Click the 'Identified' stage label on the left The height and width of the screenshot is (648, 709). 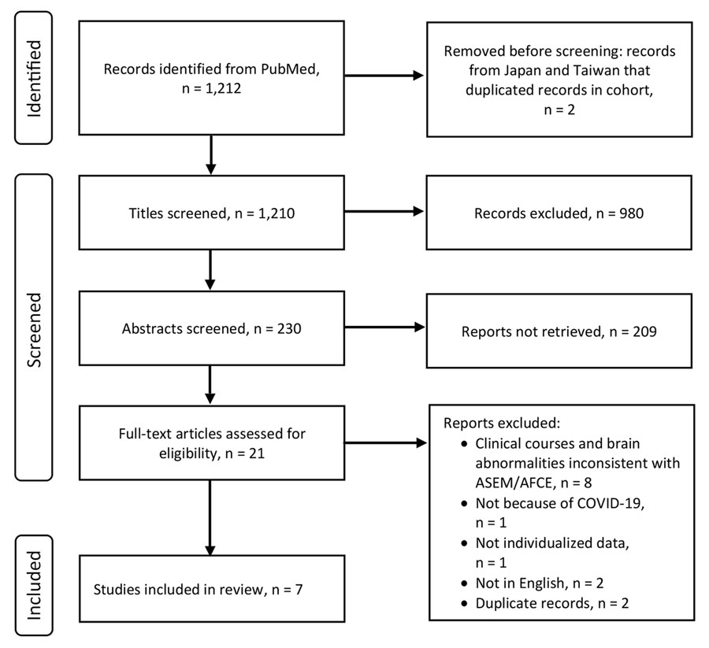pos(34,76)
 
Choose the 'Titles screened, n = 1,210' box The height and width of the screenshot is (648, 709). pos(210,211)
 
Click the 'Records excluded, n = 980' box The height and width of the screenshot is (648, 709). pos(560,211)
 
